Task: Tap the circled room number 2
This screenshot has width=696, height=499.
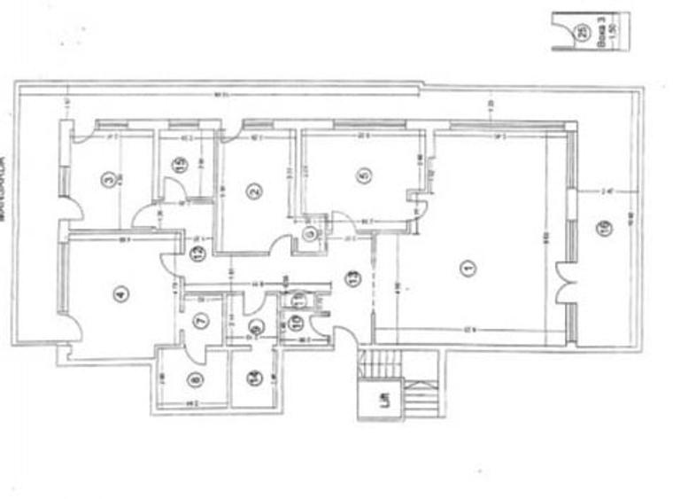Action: coord(253,190)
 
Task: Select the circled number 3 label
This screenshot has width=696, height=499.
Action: coord(107,179)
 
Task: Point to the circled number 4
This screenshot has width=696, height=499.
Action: coord(120,294)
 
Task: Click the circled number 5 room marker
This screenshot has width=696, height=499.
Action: coord(362,175)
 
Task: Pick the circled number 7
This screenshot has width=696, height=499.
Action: coord(200,321)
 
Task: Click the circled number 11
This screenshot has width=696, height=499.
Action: coord(298,299)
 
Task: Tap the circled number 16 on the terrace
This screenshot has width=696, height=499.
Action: coord(604,230)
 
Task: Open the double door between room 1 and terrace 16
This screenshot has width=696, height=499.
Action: coord(563,285)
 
